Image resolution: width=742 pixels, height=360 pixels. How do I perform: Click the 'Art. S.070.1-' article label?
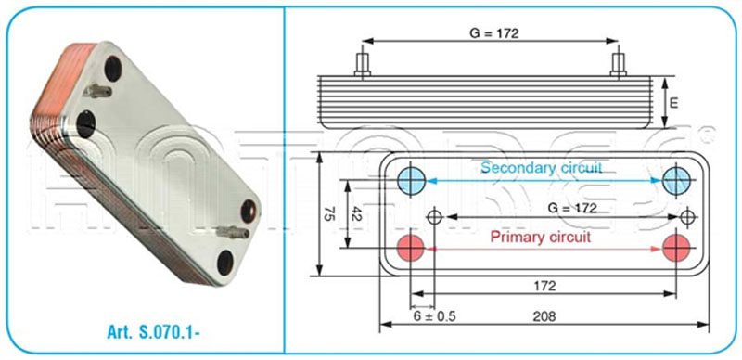pos(154,333)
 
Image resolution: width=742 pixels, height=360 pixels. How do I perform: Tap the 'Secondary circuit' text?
pos(542,168)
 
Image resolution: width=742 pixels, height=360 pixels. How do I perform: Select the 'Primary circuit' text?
pos(541,237)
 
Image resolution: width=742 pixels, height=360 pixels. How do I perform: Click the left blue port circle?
pos(411,181)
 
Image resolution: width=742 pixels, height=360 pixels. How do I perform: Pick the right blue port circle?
pos(676,181)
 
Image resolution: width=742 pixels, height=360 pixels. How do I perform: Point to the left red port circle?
pos(411,247)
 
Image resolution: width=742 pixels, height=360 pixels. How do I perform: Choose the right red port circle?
pos(676,247)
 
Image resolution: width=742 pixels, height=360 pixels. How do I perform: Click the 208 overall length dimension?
pos(544,316)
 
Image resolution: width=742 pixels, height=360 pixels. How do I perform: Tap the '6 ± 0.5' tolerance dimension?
pos(433,316)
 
